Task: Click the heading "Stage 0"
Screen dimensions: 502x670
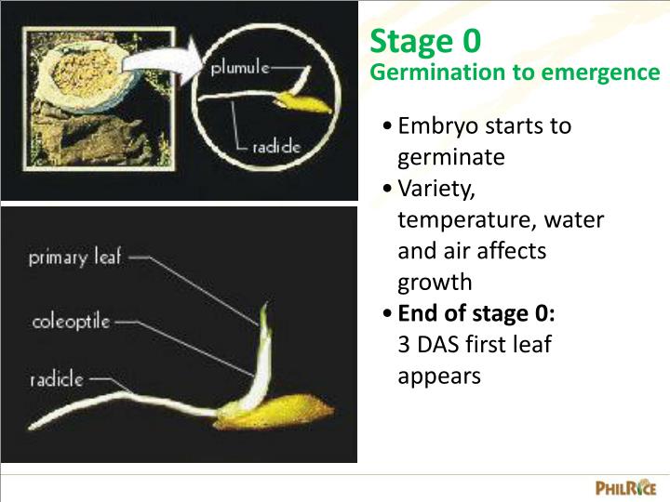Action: [425, 42]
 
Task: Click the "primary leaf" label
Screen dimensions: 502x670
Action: [75, 258]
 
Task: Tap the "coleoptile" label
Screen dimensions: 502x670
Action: [72, 322]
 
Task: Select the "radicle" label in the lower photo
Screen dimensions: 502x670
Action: [57, 378]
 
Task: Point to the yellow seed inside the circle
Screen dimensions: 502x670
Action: [311, 102]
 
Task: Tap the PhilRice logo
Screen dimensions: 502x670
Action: [626, 487]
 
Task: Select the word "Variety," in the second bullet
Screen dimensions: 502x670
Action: [436, 189]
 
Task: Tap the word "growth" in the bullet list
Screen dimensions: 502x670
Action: [435, 283]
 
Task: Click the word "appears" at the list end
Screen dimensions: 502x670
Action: [439, 376]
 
